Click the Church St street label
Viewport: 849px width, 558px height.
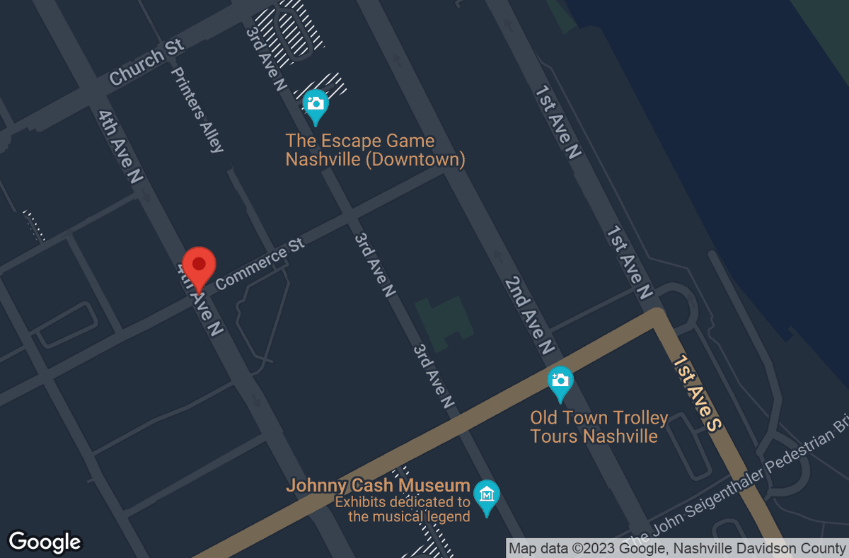coord(146,62)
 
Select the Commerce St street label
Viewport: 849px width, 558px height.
coord(260,264)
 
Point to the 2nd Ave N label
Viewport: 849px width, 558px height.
coord(529,315)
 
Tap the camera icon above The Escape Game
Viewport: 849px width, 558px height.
coord(316,103)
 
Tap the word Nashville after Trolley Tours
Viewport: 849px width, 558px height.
coord(620,436)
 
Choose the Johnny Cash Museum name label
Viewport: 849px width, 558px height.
coord(378,486)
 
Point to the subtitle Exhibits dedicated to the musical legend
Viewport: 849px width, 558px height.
coord(402,509)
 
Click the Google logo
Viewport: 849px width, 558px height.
coord(44,542)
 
